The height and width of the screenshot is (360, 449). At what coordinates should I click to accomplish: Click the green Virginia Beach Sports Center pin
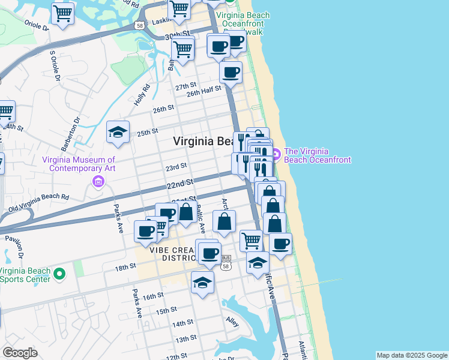click(59, 274)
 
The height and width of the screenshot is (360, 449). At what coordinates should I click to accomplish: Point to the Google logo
click(20, 353)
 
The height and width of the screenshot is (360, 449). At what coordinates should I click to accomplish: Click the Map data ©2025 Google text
click(411, 355)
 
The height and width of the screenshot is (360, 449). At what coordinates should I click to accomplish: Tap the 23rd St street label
click(176, 166)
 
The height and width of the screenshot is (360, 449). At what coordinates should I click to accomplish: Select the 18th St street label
click(126, 267)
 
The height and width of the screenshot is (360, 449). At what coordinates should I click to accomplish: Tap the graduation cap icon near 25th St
click(118, 133)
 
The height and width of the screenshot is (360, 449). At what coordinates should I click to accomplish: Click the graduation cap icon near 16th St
click(203, 283)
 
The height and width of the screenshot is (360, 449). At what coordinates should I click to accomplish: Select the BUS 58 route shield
click(226, 262)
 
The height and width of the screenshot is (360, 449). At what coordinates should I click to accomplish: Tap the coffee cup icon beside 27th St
click(231, 73)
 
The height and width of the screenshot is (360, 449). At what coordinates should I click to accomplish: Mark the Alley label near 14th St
click(233, 322)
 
